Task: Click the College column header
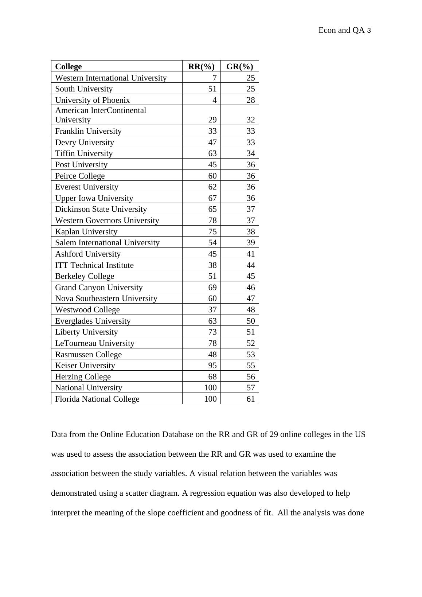tap(69, 66)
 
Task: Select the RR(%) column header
tap(201, 66)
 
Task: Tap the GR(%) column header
tap(239, 66)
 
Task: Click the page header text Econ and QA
tap(341, 30)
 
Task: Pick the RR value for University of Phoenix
tap(214, 100)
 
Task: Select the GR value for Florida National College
tap(251, 399)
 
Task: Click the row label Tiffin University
tap(84, 153)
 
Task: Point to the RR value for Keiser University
tap(212, 365)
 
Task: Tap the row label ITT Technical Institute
tap(94, 265)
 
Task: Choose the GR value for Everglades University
tap(251, 321)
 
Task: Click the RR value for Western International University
tap(214, 78)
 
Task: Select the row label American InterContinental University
tap(100, 115)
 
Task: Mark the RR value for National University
tap(210, 387)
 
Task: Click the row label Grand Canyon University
tap(99, 287)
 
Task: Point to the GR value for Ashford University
tap(251, 254)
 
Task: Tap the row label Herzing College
tap(83, 376)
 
